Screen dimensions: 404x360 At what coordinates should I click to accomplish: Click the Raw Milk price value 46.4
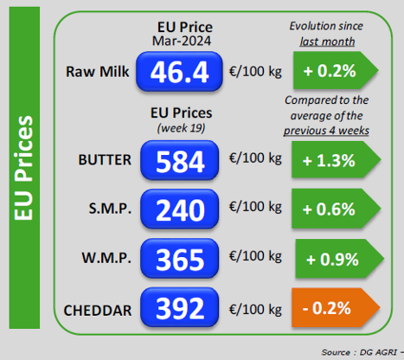pos(179,72)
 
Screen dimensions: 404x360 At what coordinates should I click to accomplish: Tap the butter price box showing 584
pos(179,161)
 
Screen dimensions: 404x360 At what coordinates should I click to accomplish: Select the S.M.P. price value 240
pos(179,209)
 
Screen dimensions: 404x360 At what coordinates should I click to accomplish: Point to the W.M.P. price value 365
pos(179,259)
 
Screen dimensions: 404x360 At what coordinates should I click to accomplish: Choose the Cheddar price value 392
pos(179,307)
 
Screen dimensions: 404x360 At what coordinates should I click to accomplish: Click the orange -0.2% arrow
pos(336,308)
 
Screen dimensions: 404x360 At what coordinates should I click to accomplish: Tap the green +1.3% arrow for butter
pos(336,160)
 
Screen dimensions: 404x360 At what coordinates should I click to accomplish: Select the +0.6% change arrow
pos(336,209)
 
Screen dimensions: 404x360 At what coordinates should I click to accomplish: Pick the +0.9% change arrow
pos(339,259)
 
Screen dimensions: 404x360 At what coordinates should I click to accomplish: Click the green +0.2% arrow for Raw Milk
pos(336,70)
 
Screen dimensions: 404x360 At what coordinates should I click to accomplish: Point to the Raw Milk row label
pos(98,72)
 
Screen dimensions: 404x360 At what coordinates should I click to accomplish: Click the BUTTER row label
pos(105,160)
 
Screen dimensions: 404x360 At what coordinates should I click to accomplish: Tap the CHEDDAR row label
pos(98,311)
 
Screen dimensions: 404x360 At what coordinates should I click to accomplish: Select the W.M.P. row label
pos(106,258)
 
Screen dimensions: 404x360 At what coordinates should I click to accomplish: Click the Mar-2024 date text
pos(182,41)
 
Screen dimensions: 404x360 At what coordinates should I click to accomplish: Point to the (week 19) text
pos(181,128)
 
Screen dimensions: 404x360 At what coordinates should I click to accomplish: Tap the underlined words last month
pos(327,42)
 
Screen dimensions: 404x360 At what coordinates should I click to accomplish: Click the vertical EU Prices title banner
pos(24,168)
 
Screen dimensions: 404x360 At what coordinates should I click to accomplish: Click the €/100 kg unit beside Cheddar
pos(255,310)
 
